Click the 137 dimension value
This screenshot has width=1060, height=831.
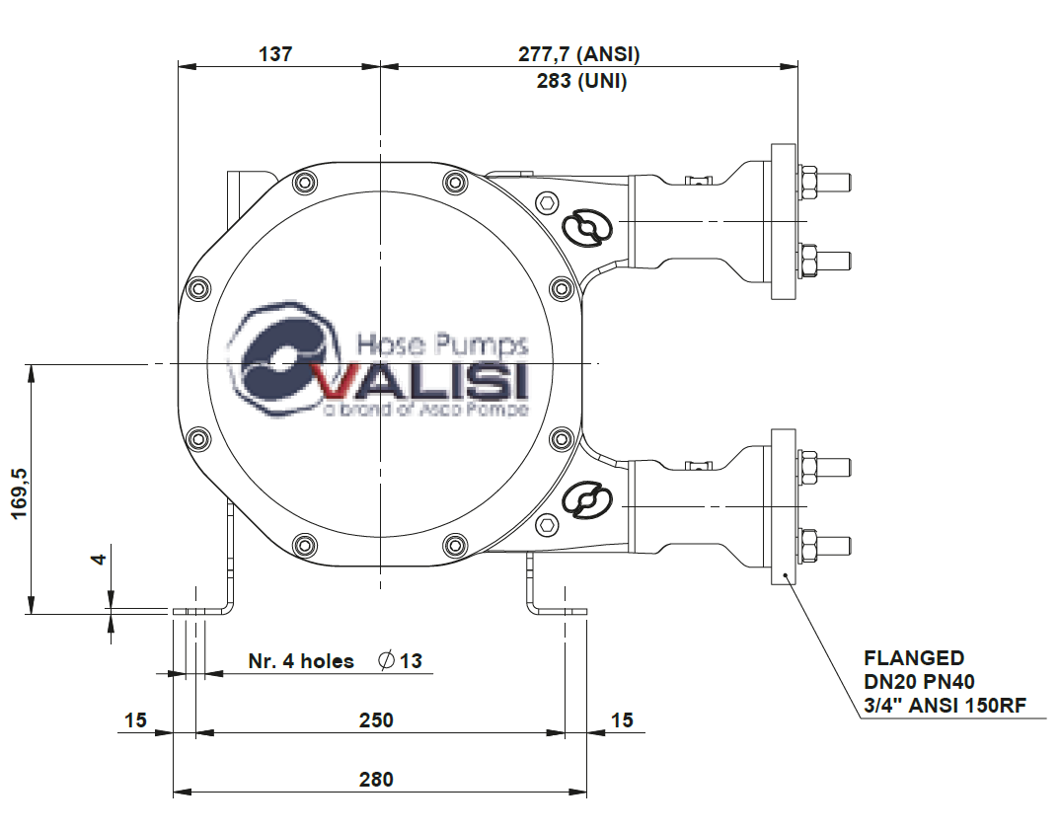275,54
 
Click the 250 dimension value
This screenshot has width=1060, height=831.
375,719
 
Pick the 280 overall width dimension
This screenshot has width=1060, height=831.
375,779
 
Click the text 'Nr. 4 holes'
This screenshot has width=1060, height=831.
301,661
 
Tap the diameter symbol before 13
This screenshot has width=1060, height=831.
387,660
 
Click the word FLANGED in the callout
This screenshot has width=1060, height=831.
914,657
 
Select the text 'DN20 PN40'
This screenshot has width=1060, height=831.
920,681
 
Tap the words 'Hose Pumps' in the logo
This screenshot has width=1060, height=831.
441,344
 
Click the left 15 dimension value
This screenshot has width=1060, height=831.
135,719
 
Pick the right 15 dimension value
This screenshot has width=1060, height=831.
622,719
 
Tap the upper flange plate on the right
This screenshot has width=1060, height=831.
784,222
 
